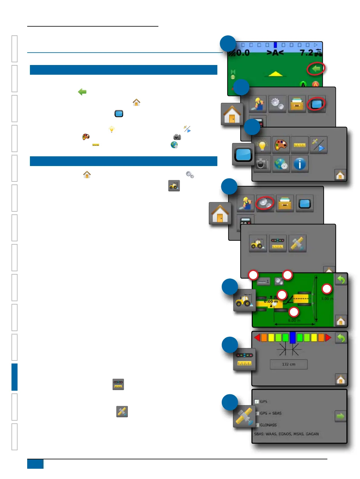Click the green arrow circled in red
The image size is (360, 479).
click(x=316, y=69)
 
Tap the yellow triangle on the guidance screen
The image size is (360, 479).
click(x=275, y=74)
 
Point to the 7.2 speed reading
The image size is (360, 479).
click(x=306, y=53)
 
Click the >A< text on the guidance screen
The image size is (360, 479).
click(x=275, y=53)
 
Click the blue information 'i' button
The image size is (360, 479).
click(x=300, y=164)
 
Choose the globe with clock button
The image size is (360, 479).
click(x=281, y=164)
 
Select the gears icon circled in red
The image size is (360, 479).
click(x=265, y=203)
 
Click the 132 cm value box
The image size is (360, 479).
click(x=288, y=364)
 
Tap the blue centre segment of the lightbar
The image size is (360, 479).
click(x=293, y=337)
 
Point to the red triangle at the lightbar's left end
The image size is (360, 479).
click(x=257, y=337)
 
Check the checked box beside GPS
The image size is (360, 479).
click(x=257, y=402)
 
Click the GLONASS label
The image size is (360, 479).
click(x=268, y=425)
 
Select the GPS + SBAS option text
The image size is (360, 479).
click(x=271, y=413)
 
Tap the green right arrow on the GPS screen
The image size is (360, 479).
click(x=340, y=416)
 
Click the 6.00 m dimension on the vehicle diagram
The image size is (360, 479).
click(x=294, y=320)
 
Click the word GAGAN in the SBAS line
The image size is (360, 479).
click(x=312, y=434)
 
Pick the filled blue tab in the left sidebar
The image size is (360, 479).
click(x=15, y=377)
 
